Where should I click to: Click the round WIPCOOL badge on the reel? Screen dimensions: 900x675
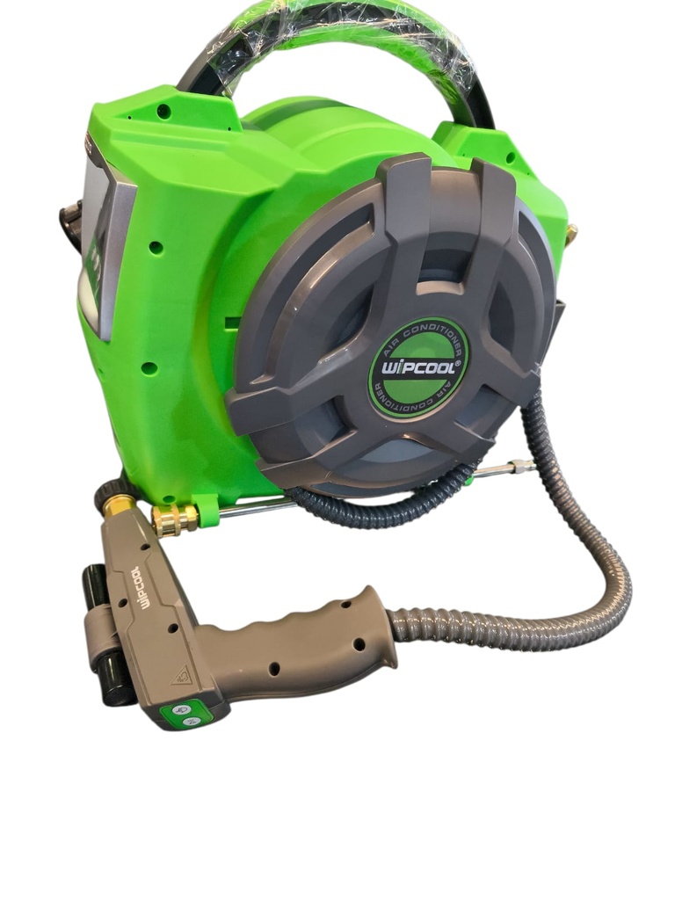(x=418, y=367)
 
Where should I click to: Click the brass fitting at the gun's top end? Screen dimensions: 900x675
(x=117, y=506)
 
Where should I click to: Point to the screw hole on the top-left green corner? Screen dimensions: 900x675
(x=163, y=111)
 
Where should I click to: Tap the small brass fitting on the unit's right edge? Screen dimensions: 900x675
(x=571, y=233)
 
